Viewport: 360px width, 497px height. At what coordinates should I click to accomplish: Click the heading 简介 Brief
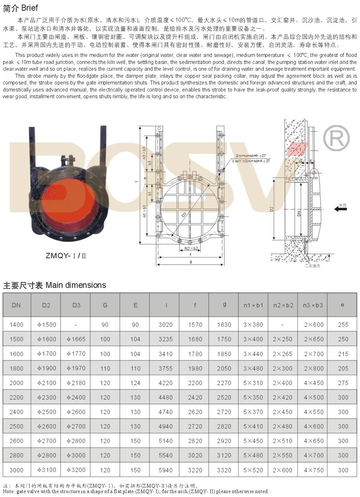[x=20, y=8]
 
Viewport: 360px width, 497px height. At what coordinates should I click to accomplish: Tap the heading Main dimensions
[x=54, y=285]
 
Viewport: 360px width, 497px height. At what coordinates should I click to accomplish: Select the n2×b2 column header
[x=283, y=305]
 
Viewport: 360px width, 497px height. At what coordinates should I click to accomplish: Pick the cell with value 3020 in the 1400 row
[x=165, y=325]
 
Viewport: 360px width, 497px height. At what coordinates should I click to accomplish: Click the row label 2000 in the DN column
[x=16, y=383]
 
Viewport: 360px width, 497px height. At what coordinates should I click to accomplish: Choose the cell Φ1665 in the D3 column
[x=76, y=339]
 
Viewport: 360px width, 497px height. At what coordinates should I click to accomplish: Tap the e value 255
[x=343, y=325]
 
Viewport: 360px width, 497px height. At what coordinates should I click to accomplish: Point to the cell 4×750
[x=314, y=470]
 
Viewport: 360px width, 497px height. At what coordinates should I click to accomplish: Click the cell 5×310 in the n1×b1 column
[x=253, y=383]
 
